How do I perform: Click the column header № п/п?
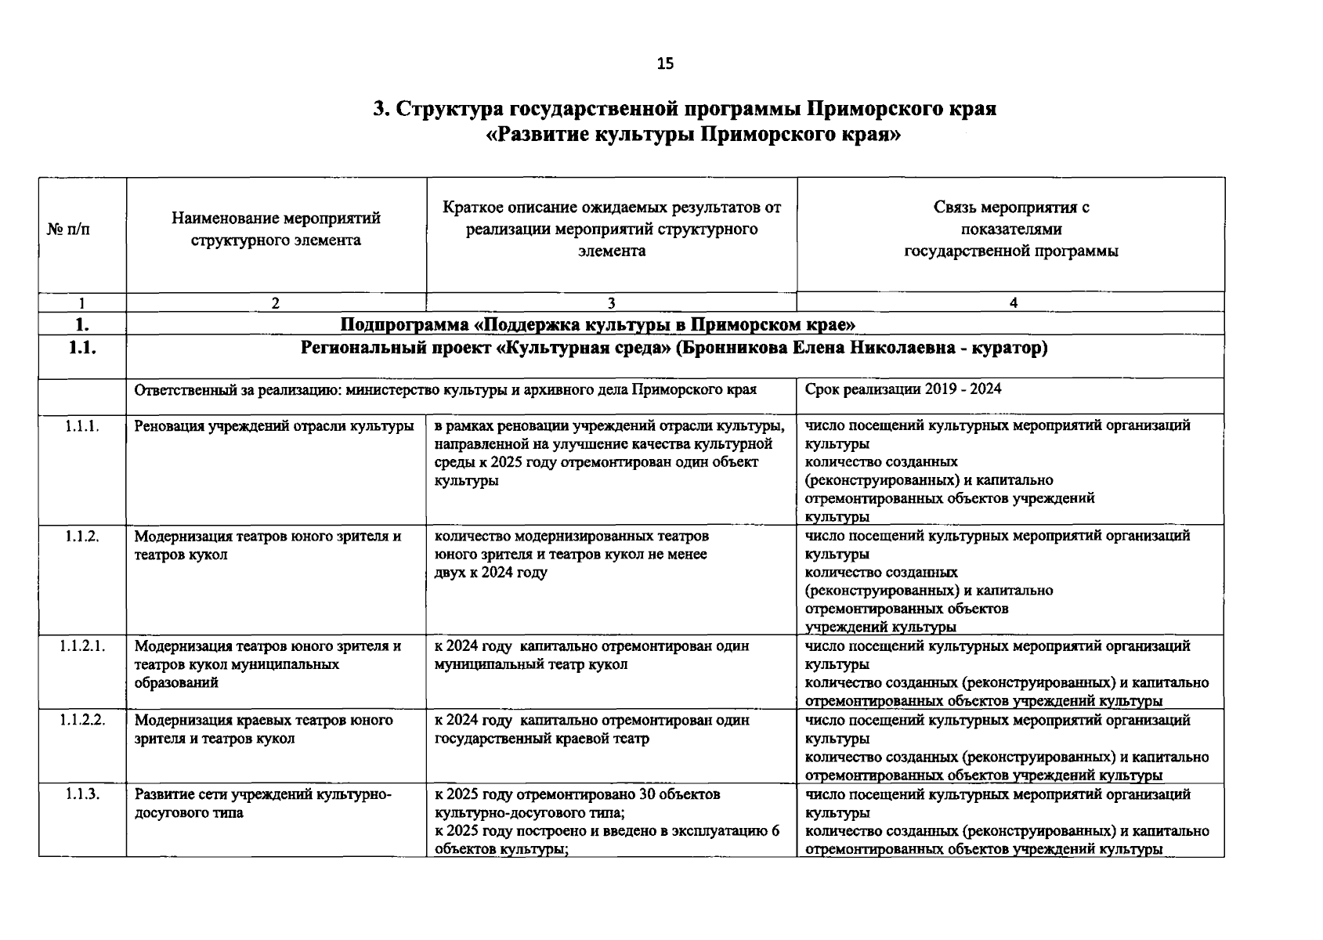[x=69, y=230]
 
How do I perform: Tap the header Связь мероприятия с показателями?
[x=1010, y=229]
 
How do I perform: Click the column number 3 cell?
[x=611, y=303]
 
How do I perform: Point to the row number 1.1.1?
[x=82, y=426]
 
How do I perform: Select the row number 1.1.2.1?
[x=82, y=646]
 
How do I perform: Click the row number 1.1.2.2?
[x=82, y=720]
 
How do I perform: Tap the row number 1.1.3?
[x=82, y=794]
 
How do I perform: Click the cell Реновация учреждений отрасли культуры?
[x=274, y=426]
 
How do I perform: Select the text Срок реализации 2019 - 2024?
[x=902, y=389]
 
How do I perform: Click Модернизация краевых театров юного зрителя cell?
[x=264, y=729]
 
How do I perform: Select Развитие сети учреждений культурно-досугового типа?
[x=262, y=803]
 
